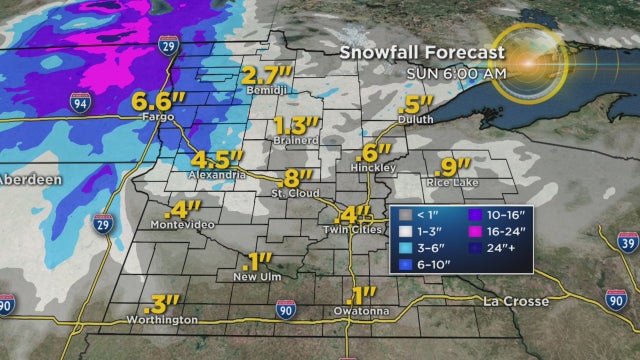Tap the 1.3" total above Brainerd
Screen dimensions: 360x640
295,126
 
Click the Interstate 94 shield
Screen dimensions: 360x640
81,102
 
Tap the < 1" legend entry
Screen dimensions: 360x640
412,214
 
